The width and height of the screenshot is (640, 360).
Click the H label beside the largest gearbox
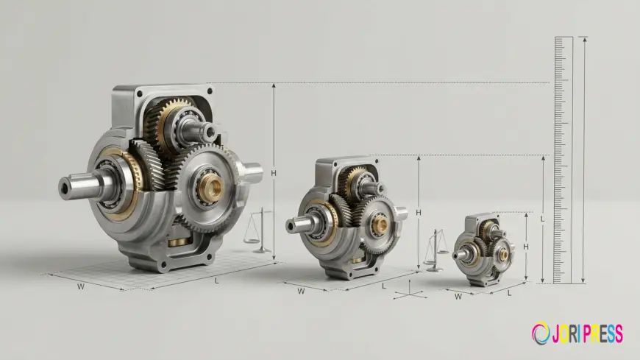[274, 173]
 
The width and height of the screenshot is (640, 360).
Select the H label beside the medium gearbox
[419, 213]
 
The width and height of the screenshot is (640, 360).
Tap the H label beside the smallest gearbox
[526, 247]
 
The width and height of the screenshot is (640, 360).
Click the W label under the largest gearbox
[81, 287]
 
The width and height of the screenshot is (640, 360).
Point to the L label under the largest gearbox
[217, 281]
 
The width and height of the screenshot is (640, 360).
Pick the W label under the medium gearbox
[301, 292]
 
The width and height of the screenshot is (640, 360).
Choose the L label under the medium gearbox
[384, 286]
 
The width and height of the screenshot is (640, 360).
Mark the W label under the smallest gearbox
[458, 297]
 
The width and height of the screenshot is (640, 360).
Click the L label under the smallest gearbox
[509, 294]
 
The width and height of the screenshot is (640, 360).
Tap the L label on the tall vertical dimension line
[542, 219]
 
